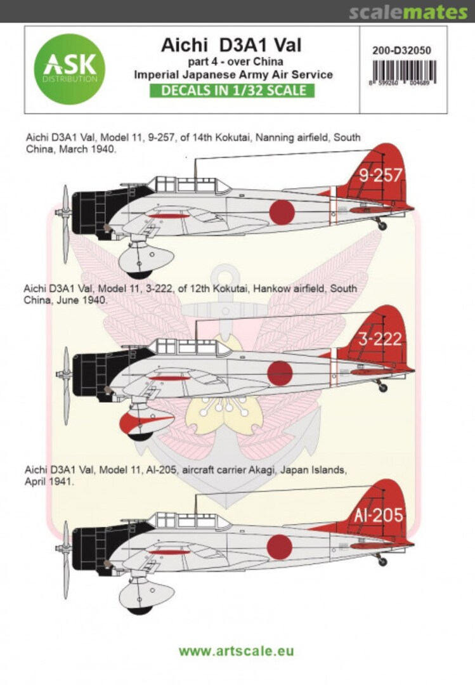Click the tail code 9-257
click(381, 176)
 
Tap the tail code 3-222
click(379, 339)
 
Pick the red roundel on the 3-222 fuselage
click(280, 373)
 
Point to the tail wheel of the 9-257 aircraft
click(381, 225)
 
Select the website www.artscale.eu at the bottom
click(236, 651)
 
